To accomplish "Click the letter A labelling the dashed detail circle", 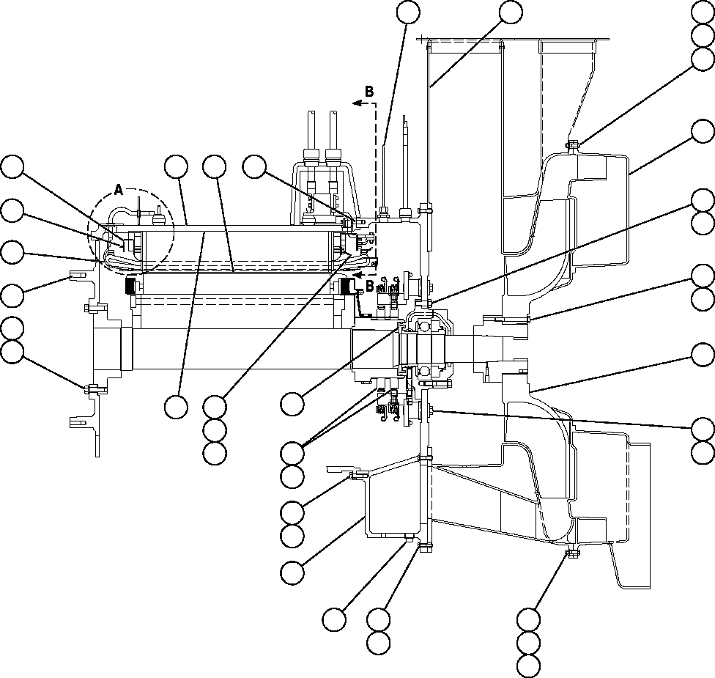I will pos(119,191).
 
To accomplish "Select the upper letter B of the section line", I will pos(369,92).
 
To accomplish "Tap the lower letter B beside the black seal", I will pos(370,284).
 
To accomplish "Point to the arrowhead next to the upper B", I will pos(357,104).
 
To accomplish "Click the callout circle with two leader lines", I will pos(293,452).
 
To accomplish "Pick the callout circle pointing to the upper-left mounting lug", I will pos(12,295).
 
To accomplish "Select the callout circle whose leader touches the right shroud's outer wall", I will pos(703,131).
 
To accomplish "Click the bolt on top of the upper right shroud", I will pos(572,144).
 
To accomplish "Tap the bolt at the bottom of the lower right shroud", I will pos(571,552).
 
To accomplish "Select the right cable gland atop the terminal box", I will pos(333,157).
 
